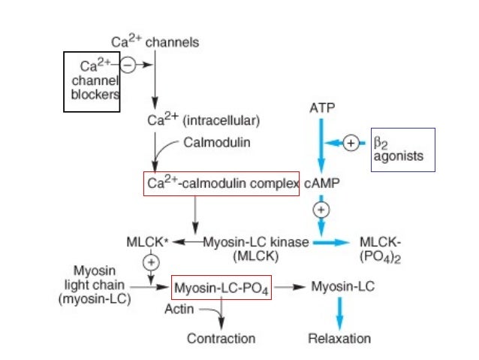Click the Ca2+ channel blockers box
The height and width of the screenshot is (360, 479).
[x=92, y=81]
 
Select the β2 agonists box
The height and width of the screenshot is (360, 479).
[x=402, y=150]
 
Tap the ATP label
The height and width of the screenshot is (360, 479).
[x=321, y=108]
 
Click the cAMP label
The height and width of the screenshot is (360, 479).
[x=321, y=183]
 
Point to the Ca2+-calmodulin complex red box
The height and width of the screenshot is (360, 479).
[x=221, y=183]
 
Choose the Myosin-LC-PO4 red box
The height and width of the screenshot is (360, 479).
[x=221, y=287]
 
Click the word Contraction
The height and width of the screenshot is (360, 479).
[x=221, y=338]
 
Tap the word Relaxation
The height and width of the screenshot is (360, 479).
[x=339, y=338]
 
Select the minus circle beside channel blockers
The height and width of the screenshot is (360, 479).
[x=128, y=65]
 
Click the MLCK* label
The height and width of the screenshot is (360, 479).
[x=149, y=242]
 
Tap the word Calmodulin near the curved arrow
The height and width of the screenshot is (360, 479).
[x=218, y=141]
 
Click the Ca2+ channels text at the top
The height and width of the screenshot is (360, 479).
[x=155, y=42]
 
